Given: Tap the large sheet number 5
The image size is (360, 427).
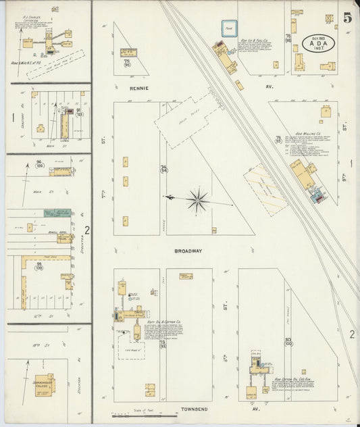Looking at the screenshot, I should pos(346,18).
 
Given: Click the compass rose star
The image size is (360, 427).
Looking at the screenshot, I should pos(197,199).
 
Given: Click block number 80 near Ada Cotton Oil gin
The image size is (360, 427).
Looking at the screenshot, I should pos(288,340).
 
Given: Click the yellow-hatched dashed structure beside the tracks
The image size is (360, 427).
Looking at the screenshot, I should pos(265,191).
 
